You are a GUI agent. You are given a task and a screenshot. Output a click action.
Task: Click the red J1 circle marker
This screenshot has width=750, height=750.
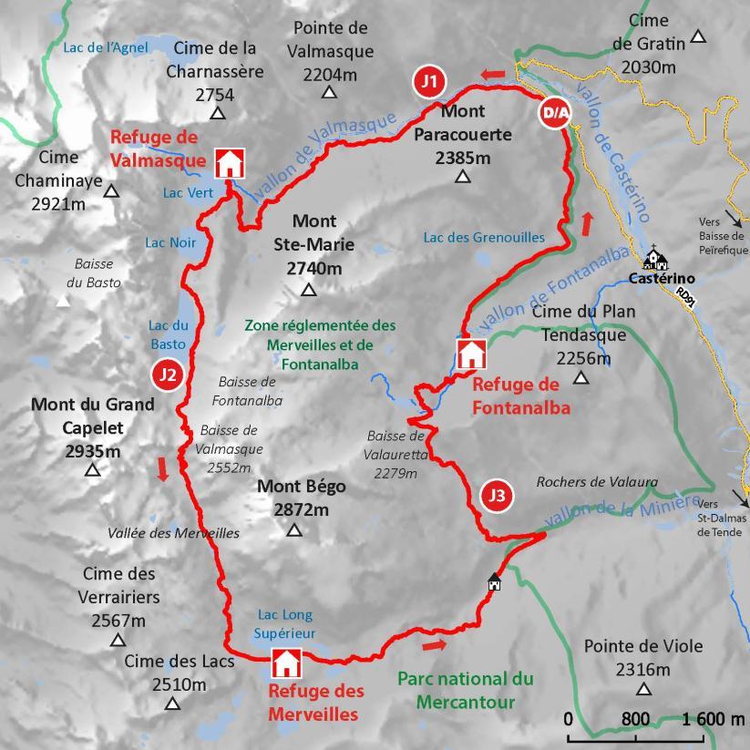tap(429, 81)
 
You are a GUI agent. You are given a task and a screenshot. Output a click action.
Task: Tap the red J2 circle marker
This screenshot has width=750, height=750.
tap(167, 374)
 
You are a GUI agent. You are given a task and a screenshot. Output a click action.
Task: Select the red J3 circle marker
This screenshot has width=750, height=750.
tap(496, 496)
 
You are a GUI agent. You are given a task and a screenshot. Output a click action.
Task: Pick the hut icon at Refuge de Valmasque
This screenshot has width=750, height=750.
tap(229, 162)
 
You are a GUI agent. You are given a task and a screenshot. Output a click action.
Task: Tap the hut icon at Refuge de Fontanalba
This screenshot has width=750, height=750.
tap(470, 354)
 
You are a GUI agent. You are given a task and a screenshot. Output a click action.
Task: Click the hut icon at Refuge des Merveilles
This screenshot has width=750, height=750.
tap(286, 663)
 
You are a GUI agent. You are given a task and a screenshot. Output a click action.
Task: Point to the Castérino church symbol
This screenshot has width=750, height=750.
tap(653, 259)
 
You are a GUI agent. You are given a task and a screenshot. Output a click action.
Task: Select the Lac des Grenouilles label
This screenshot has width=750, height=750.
tap(484, 238)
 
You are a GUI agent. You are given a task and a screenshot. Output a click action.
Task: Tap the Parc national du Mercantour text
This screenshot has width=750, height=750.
tap(465, 690)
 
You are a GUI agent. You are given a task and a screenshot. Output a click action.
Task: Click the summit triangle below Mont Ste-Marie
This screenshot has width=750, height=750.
tap(308, 291)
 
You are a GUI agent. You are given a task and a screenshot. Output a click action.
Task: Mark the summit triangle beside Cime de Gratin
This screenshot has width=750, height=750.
tap(698, 36)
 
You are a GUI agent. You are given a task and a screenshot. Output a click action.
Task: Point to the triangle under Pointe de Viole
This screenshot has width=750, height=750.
tap(644, 690)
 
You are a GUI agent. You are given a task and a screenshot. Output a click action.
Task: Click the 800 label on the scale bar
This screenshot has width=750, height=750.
tap(636, 719)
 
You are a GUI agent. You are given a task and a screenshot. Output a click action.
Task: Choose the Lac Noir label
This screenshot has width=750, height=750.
tap(170, 242)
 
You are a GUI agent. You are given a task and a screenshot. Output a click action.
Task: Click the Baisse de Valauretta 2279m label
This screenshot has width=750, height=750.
tap(396, 454)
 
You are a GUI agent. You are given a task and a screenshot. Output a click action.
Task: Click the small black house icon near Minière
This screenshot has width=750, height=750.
tap(494, 581)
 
